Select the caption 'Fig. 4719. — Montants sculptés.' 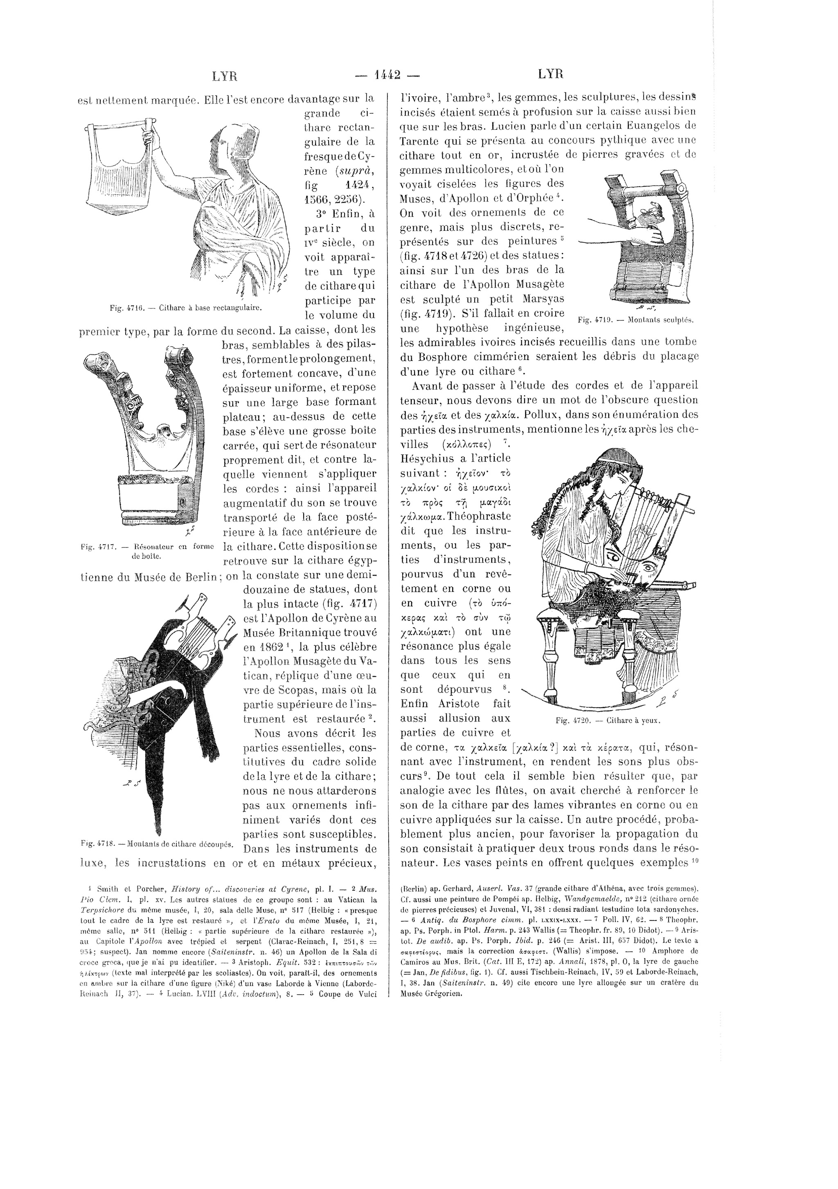[x=635, y=320]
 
